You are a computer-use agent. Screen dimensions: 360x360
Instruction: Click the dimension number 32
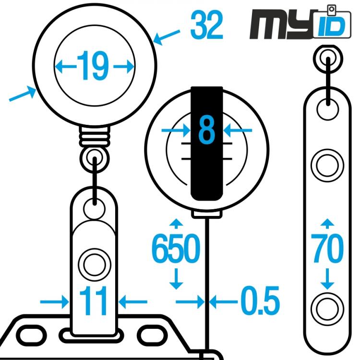[207, 26]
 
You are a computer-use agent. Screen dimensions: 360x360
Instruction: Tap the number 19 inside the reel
[94, 66]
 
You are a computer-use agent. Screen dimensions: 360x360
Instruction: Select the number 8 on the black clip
[206, 130]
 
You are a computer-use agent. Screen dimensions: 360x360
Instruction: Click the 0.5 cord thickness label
[260, 301]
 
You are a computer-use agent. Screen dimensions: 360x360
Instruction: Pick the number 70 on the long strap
[327, 249]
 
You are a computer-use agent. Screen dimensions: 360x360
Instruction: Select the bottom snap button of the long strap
[327, 308]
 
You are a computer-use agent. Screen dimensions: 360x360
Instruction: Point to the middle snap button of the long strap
[327, 166]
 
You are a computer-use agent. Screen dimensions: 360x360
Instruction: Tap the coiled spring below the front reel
[94, 136]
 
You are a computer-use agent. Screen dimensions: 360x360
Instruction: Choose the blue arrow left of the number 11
[54, 301]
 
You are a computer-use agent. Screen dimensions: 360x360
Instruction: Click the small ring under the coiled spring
[94, 156]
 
